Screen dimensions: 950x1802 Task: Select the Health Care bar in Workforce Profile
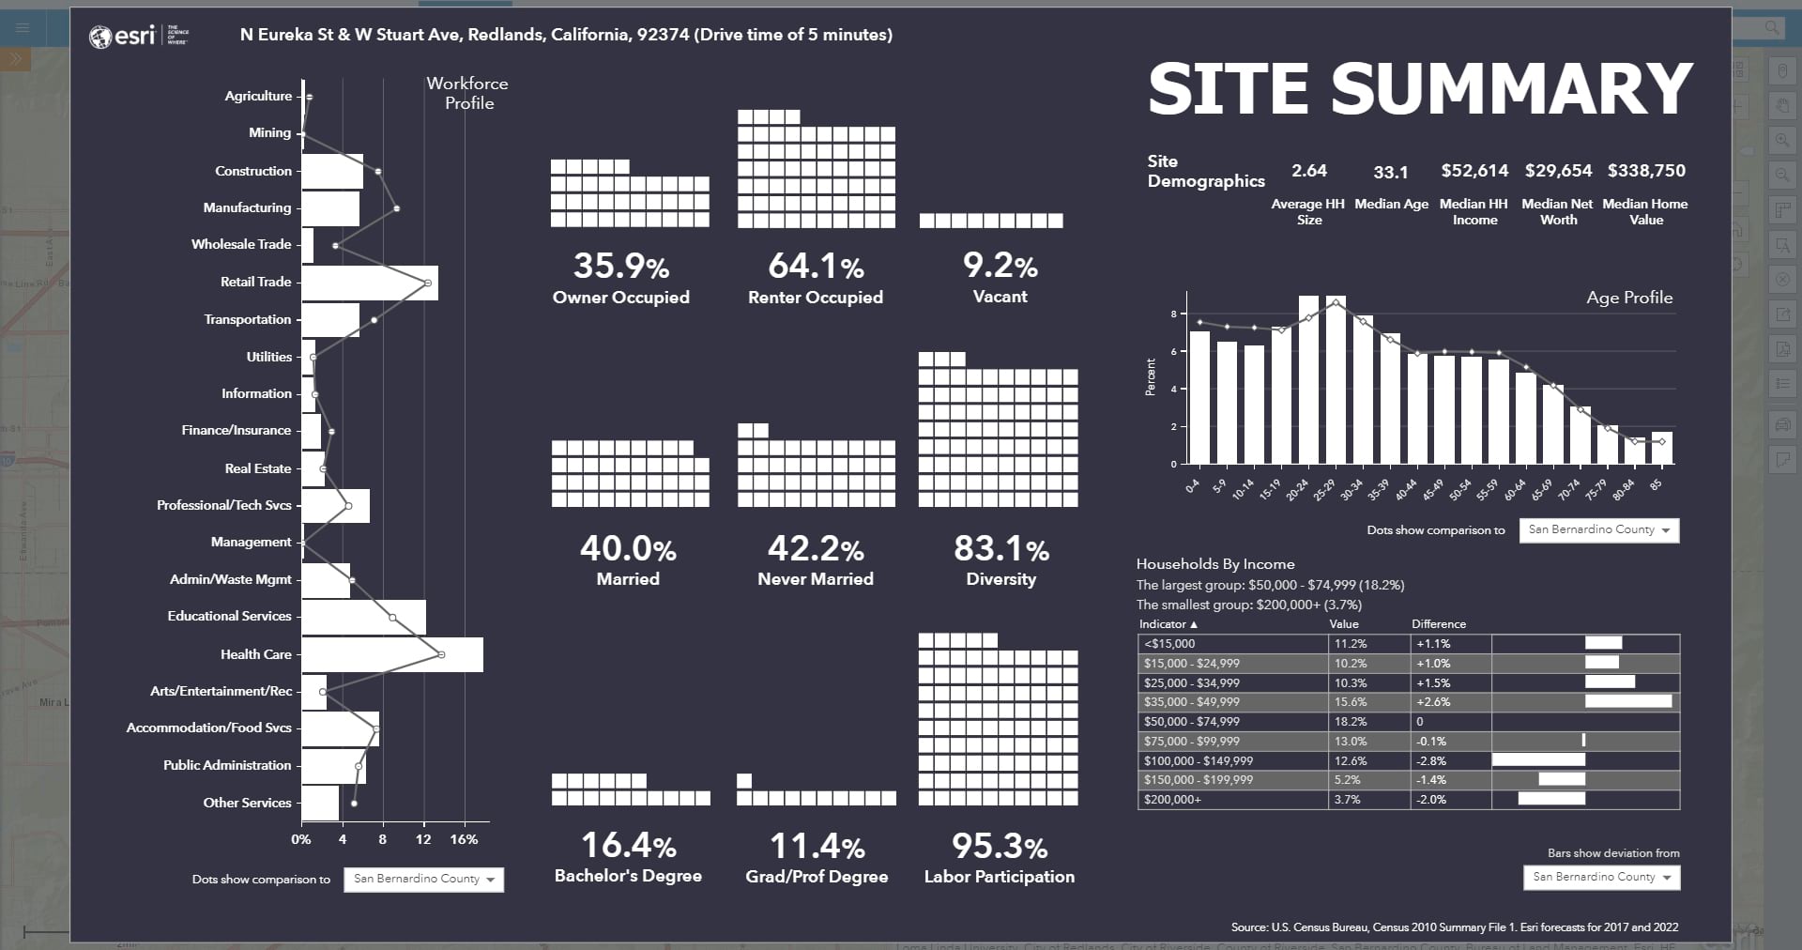tap(392, 654)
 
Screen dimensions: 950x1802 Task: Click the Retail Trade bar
tap(370, 283)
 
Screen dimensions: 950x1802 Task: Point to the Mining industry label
tap(269, 133)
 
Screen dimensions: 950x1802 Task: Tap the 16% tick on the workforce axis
tap(464, 839)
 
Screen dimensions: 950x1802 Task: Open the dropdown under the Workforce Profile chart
tap(424, 879)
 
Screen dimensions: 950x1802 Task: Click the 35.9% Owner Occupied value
tap(620, 267)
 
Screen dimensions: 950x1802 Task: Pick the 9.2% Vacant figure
tap(1000, 267)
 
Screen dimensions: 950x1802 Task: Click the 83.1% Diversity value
tap(1000, 549)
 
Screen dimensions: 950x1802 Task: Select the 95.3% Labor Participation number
tap(1000, 847)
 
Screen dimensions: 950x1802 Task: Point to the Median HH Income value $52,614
tap(1474, 171)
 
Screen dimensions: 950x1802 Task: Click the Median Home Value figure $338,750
tap(1646, 171)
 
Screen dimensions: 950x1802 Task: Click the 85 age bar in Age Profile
tap(1661, 448)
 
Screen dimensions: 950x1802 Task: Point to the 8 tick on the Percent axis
tap(1173, 314)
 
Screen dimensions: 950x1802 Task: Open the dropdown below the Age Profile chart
tap(1599, 530)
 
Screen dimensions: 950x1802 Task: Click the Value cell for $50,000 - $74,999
tap(1351, 722)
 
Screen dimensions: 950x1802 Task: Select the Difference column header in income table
tap(1438, 624)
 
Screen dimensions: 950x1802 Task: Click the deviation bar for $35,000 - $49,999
tap(1628, 701)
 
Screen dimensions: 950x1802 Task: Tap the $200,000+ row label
tap(1172, 800)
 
